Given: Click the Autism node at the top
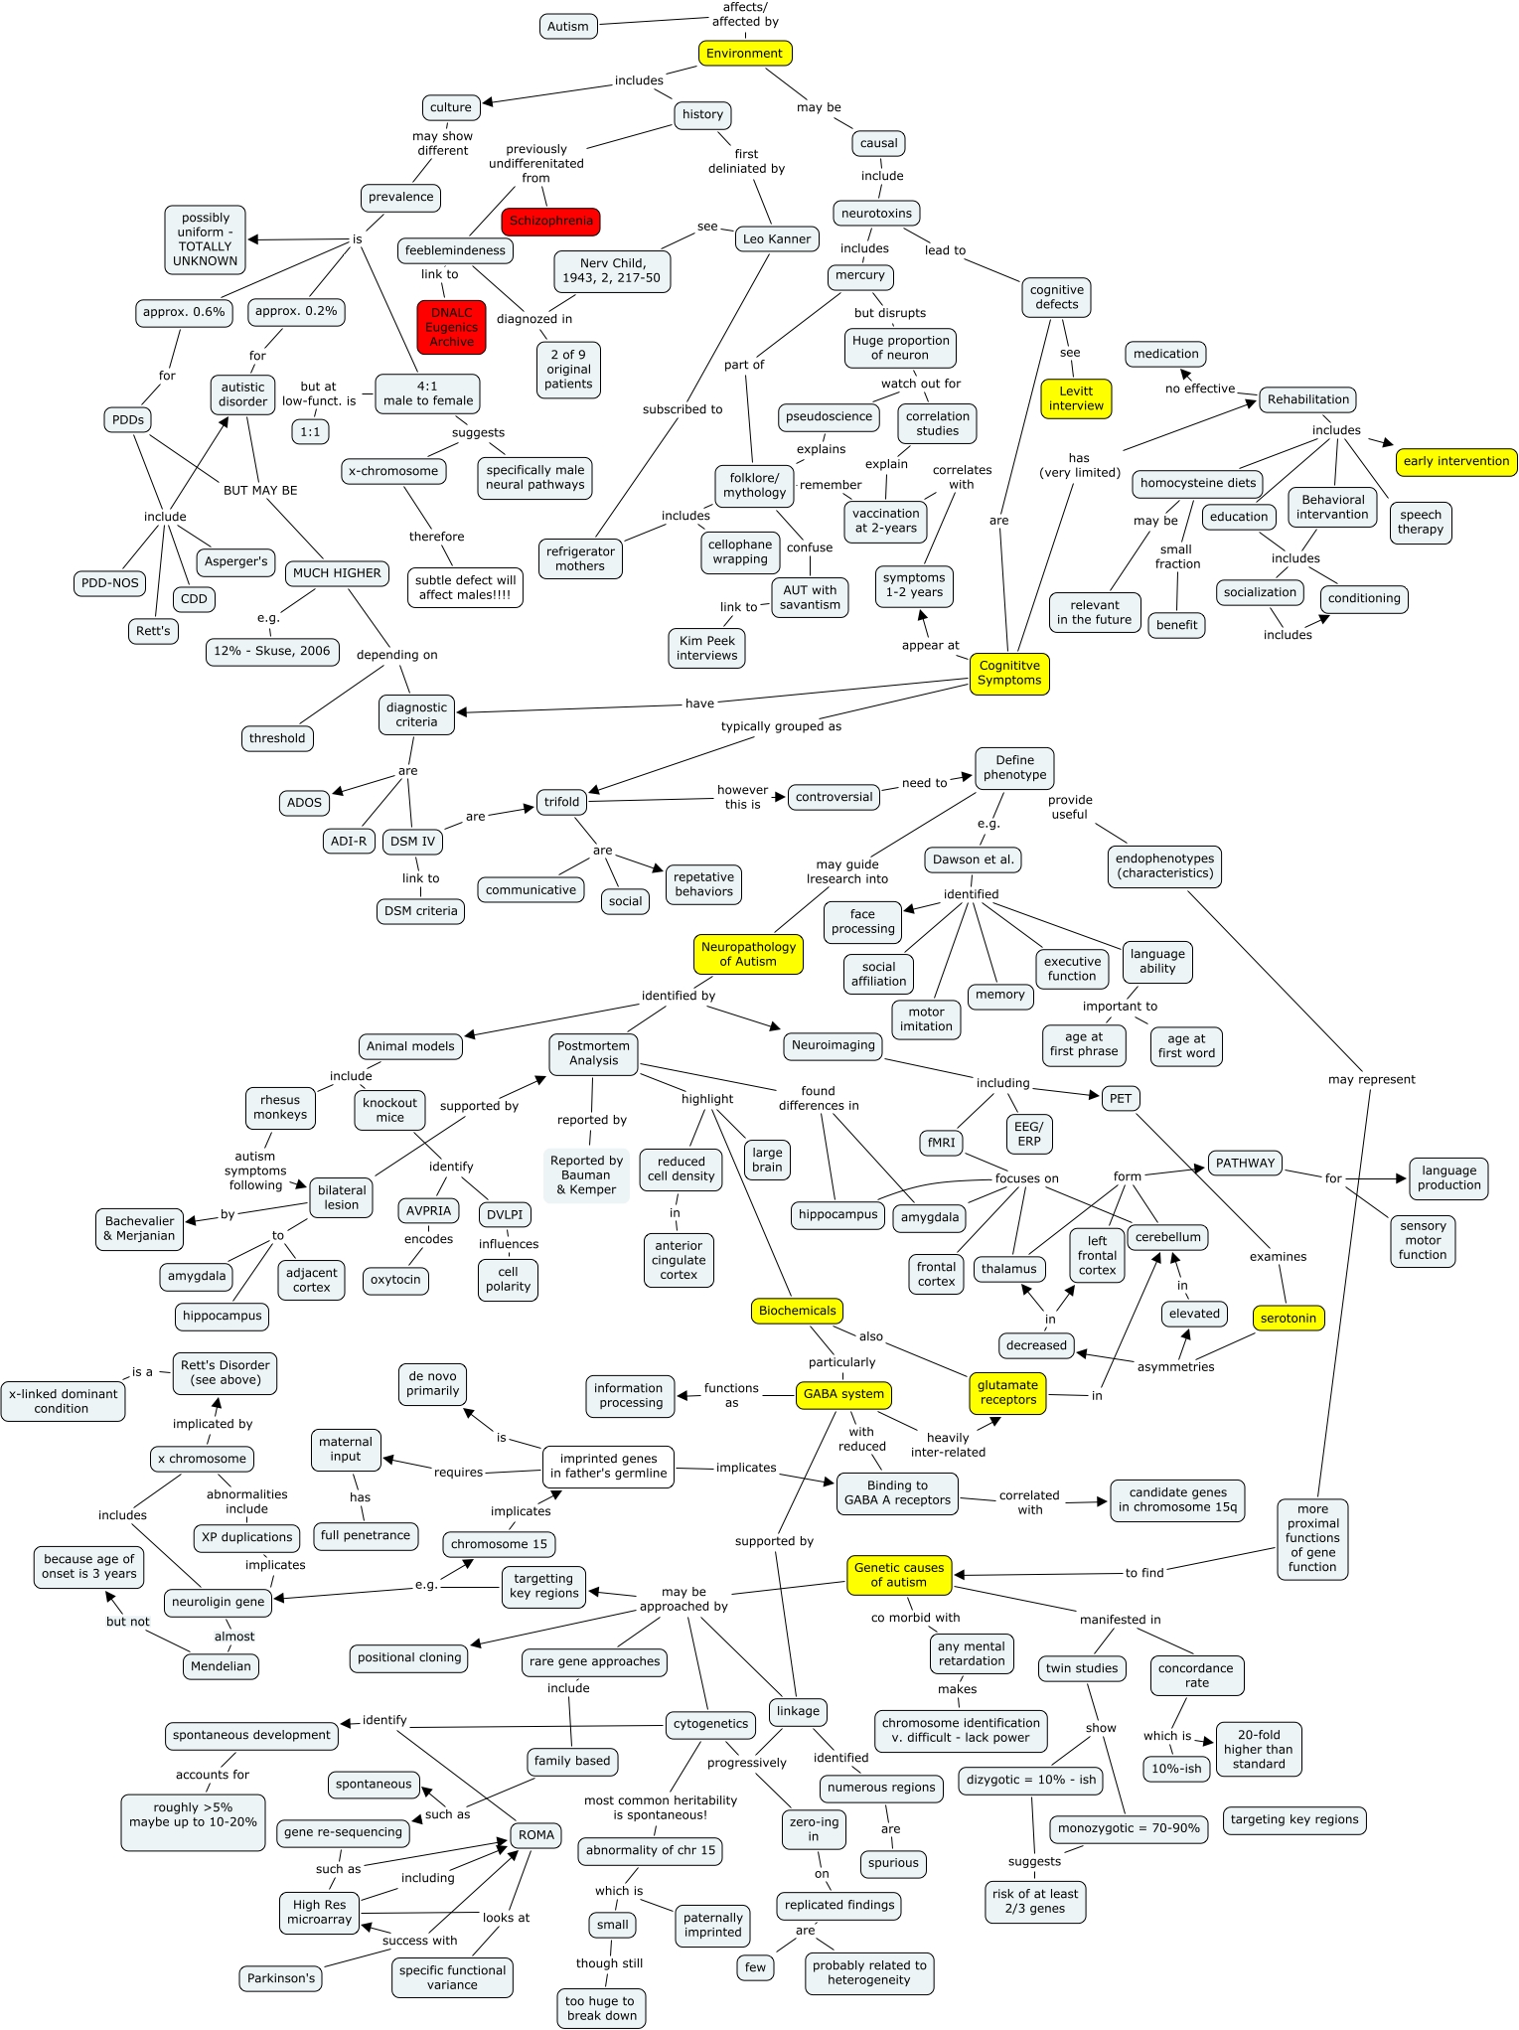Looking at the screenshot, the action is click(x=568, y=27).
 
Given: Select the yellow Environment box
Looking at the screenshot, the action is click(x=744, y=54).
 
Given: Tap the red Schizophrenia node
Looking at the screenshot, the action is click(x=551, y=222).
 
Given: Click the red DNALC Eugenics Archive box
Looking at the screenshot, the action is click(x=452, y=327).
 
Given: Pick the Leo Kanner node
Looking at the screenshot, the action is click(x=777, y=238).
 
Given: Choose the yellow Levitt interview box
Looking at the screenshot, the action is click(x=1076, y=398).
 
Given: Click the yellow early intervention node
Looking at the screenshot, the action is click(x=1455, y=461).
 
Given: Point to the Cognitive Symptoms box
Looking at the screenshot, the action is click(x=1009, y=674).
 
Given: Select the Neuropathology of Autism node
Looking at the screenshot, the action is click(x=748, y=954).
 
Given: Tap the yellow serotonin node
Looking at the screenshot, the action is click(x=1288, y=1319).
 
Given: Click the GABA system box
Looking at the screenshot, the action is click(x=843, y=1394).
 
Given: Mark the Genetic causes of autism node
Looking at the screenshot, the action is click(x=899, y=1575).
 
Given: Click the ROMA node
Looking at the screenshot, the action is click(x=536, y=1835).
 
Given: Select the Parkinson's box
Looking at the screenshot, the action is click(x=281, y=1978).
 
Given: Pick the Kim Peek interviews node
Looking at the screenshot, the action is click(x=706, y=648).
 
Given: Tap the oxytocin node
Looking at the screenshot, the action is click(x=395, y=1280).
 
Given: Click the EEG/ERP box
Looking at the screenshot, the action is click(x=1028, y=1134).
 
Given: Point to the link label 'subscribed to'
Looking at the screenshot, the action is click(x=683, y=409).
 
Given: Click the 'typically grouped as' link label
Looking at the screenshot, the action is click(x=781, y=726).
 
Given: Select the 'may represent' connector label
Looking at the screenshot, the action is click(x=1371, y=1079).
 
